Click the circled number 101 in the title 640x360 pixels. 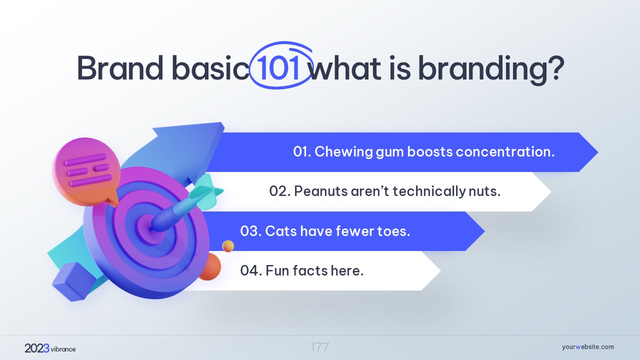[278, 67]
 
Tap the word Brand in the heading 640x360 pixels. [120, 67]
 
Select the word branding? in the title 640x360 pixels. [491, 70]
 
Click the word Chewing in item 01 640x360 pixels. [343, 151]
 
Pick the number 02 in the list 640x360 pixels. [278, 191]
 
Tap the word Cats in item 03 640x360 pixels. [281, 231]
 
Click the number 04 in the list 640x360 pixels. [249, 270]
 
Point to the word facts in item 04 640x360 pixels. [310, 270]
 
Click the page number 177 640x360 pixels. [319, 347]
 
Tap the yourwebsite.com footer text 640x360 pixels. [587, 347]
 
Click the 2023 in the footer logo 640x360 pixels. [37, 348]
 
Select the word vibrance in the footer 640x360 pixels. [63, 349]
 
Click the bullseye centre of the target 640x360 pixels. [150, 228]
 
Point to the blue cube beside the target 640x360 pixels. [73, 281]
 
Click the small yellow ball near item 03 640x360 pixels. [228, 246]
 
